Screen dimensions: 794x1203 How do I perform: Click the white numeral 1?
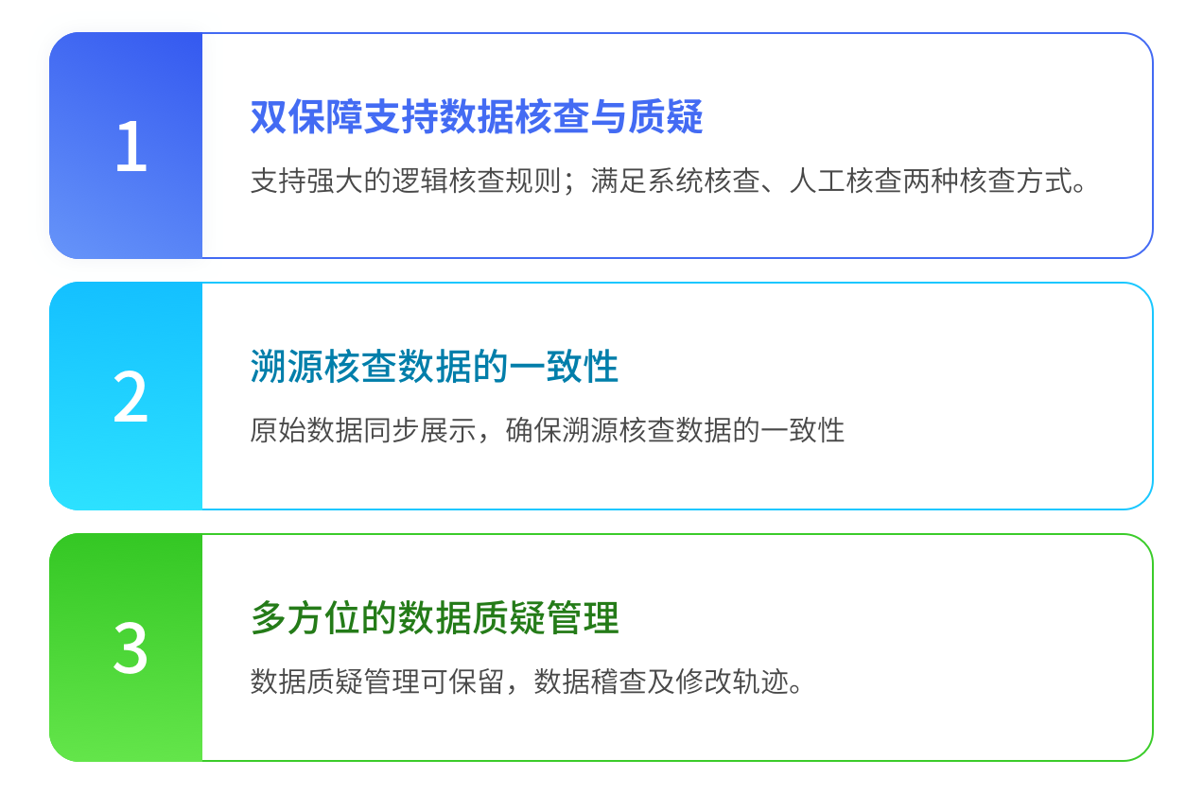click(x=131, y=147)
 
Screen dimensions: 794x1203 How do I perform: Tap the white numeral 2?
click(x=131, y=398)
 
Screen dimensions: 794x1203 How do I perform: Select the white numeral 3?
click(x=131, y=648)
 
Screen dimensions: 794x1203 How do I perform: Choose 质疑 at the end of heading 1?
click(x=666, y=117)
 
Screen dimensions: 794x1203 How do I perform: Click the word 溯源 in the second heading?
click(x=287, y=367)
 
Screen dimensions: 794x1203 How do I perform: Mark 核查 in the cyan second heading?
click(x=360, y=367)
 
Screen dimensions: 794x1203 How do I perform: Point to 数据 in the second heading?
click(x=434, y=367)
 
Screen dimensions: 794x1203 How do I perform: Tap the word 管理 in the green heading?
click(x=582, y=618)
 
